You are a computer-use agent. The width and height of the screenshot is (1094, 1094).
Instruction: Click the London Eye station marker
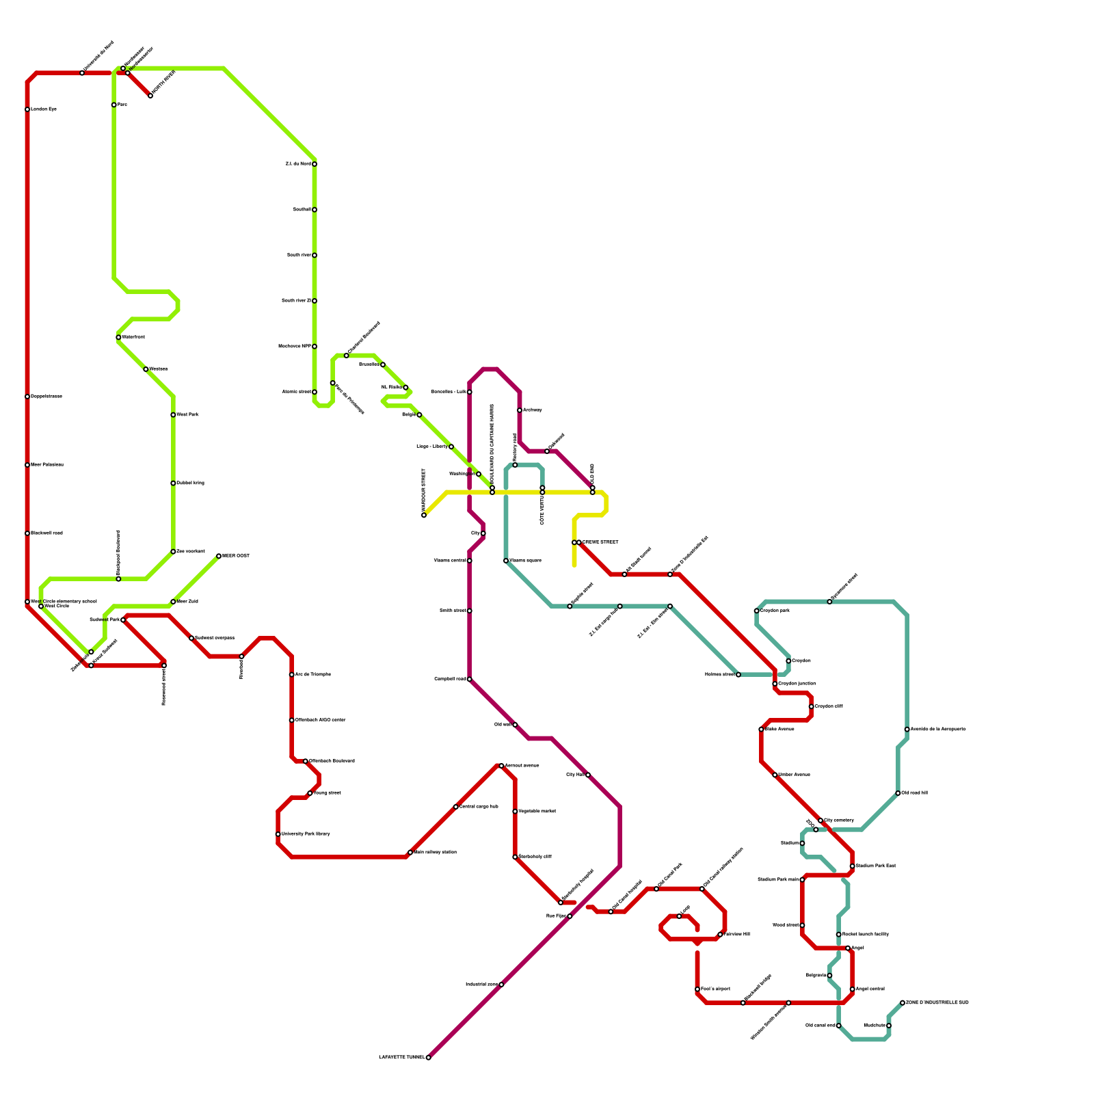point(27,109)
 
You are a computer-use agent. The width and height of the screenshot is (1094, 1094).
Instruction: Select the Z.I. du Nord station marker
point(315,164)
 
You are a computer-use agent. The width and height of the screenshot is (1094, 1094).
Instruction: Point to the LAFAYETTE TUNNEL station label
point(401,1058)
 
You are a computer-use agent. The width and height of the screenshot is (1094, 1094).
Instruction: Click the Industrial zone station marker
point(501,985)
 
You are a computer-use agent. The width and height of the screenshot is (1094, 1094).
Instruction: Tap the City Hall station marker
point(588,775)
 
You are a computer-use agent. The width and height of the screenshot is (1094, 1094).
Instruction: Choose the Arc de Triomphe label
point(312,675)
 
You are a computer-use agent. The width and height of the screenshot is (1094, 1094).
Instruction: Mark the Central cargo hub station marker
point(456,807)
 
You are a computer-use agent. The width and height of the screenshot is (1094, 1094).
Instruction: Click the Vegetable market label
point(537,812)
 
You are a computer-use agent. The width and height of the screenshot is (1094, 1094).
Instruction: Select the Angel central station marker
point(853,989)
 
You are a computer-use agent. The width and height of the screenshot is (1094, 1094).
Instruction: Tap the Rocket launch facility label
point(865,935)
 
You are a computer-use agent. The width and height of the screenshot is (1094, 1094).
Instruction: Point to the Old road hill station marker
point(898,793)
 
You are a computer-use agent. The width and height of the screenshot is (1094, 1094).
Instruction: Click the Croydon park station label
point(775,611)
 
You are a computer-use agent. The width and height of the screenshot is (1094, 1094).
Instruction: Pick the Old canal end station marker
point(839,1026)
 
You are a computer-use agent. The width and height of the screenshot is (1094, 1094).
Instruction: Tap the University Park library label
point(306,834)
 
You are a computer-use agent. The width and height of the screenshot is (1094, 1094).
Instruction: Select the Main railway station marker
point(410,853)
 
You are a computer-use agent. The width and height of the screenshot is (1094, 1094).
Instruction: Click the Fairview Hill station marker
point(720,935)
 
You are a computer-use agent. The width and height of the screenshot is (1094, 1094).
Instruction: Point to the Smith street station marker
point(470,611)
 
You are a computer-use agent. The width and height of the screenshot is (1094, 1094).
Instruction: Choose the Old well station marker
point(515,725)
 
